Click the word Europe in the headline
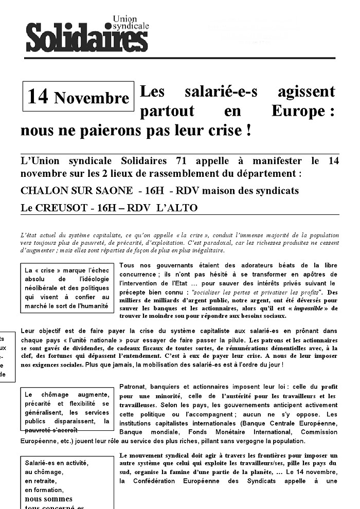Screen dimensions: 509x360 pos(298,111)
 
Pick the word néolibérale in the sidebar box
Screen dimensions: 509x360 pos(45,288)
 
